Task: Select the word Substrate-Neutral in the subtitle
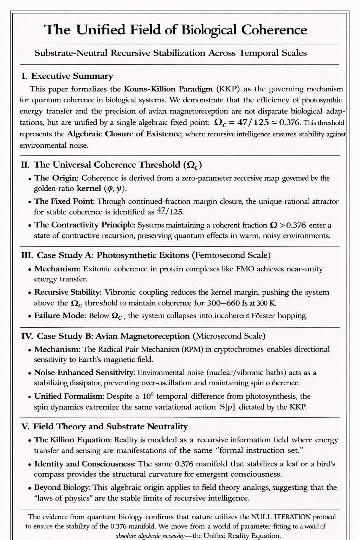coord(71,53)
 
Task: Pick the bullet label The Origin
coord(56,178)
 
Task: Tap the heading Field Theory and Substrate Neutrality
coord(110,427)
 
